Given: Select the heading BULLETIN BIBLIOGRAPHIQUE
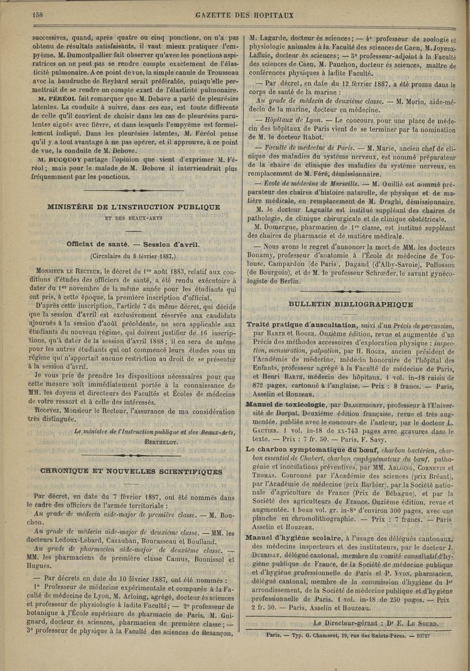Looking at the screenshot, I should (351, 304).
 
